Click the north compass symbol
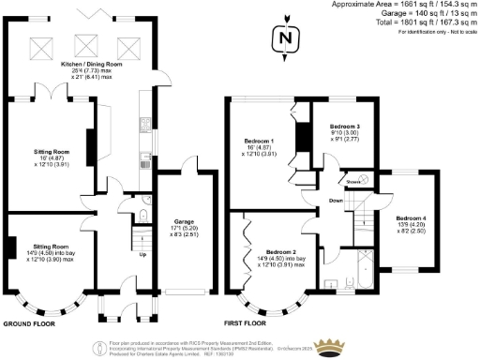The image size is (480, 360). [x=285, y=40]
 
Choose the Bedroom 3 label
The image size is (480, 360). [x=344, y=126]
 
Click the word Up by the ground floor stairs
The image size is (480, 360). [x=142, y=253]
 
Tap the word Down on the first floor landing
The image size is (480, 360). [x=336, y=201]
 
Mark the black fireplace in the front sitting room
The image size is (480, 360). [x=10, y=247]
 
